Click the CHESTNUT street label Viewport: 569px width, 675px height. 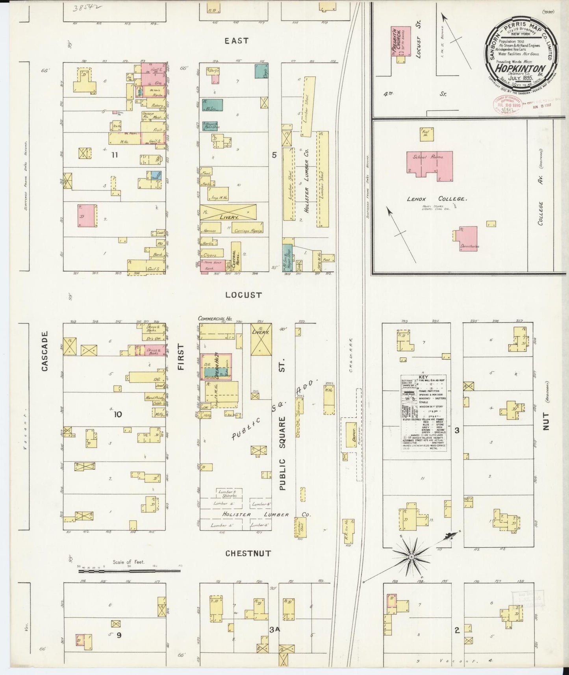click(248, 553)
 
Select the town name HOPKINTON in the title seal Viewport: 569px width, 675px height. click(521, 68)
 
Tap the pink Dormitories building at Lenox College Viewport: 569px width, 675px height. click(469, 239)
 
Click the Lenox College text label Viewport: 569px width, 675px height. click(437, 199)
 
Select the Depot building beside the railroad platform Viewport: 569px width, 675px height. click(351, 435)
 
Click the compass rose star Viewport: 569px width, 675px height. click(411, 557)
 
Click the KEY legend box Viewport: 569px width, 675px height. click(423, 412)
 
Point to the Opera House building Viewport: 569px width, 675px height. click(216, 367)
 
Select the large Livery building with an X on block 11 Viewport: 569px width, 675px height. click(228, 212)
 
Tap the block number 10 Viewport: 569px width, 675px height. click(118, 414)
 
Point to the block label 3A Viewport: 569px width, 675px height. click(274, 630)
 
